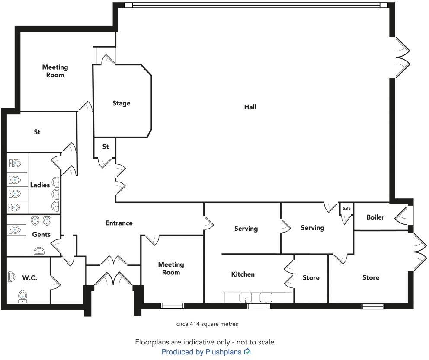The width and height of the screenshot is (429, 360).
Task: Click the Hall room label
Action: pyautogui.click(x=250, y=107)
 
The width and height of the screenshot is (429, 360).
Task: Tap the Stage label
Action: pyautogui.click(x=121, y=103)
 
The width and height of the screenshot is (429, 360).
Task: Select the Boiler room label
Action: pyautogui.click(x=375, y=217)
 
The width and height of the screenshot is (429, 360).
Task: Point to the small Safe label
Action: pyautogui.click(x=346, y=208)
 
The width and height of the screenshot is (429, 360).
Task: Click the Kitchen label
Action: pyautogui.click(x=243, y=274)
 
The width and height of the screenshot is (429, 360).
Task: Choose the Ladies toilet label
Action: pyautogui.click(x=40, y=185)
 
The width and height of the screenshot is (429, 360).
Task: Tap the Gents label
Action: pyautogui.click(x=42, y=234)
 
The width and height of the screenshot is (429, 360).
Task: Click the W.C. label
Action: pyautogui.click(x=29, y=278)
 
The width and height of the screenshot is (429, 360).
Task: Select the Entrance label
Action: pyautogui.click(x=119, y=223)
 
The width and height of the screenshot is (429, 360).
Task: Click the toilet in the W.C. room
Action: pyautogui.click(x=23, y=296)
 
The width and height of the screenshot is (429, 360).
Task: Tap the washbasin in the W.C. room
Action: pyautogui.click(x=11, y=277)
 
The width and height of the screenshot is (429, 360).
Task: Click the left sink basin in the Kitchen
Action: pyautogui.click(x=246, y=297)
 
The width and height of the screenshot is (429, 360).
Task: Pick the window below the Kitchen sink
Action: pyautogui.click(x=259, y=306)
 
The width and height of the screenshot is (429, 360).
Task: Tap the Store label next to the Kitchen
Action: pyautogui.click(x=311, y=277)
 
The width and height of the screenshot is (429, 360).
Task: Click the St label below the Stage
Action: pyautogui.click(x=106, y=147)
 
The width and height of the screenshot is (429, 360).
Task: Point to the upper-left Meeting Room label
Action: pyautogui.click(x=55, y=71)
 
